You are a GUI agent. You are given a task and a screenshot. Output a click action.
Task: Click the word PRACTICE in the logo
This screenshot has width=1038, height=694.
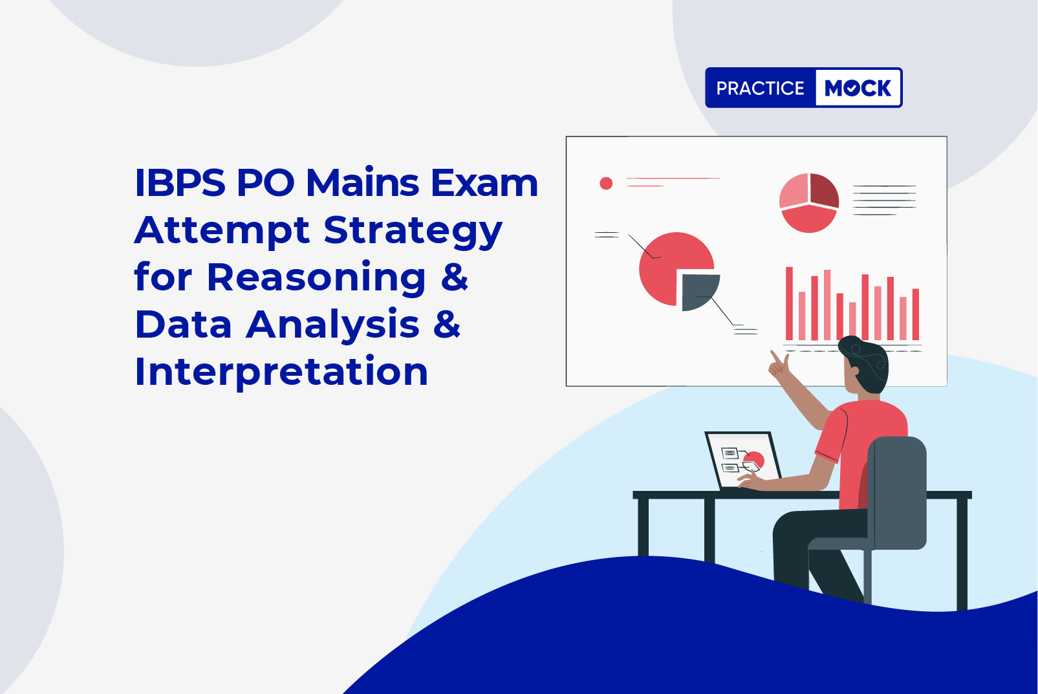760,88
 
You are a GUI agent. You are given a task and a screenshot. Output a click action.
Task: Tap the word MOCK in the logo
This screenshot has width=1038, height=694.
858,88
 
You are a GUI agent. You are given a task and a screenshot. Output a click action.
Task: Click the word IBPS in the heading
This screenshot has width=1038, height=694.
180,182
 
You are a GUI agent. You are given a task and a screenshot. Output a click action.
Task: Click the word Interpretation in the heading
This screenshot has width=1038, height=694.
281,371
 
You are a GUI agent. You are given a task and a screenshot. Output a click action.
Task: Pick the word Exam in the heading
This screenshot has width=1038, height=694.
484,182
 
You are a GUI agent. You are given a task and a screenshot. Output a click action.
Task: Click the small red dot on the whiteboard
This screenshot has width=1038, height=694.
606,184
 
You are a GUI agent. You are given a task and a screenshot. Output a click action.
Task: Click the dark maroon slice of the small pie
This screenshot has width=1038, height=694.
824,190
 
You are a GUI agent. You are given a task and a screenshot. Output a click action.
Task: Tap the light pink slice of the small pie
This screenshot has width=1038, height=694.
794,192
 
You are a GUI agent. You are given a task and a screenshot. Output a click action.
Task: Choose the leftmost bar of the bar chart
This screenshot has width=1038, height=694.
789,303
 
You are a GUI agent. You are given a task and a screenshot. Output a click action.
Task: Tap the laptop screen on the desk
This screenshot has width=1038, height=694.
743,460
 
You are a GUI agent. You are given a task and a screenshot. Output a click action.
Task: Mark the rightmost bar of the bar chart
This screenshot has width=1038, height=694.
916,314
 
